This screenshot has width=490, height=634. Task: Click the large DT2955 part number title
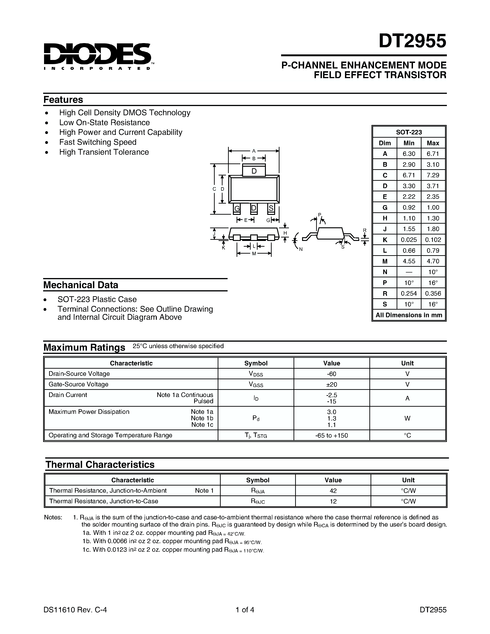[412, 41]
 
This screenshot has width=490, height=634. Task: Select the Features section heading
[63, 100]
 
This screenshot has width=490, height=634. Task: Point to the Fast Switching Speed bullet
[98, 142]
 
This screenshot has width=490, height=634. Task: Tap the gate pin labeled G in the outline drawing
[237, 208]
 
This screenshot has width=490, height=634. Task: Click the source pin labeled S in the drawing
[271, 208]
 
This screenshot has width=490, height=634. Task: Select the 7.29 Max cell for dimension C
[433, 175]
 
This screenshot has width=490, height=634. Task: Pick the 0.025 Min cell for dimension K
[409, 240]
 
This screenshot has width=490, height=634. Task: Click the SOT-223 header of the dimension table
[409, 132]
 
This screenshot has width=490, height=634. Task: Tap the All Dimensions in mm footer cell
[409, 315]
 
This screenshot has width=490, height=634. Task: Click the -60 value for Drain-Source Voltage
[332, 374]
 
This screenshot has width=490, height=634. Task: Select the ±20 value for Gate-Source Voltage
[332, 384]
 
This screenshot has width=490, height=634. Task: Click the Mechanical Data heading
[81, 285]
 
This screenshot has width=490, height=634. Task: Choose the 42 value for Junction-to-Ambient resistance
[333, 491]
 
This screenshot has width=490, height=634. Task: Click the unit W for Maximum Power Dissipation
[407, 418]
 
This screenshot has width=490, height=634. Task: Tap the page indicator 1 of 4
[245, 610]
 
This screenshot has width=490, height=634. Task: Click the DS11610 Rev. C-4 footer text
[75, 610]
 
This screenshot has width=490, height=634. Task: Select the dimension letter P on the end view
[319, 215]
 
